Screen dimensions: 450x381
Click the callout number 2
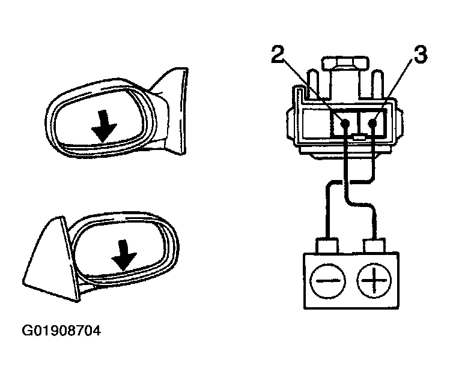pyautogui.click(x=278, y=53)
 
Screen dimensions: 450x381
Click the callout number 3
pyautogui.click(x=421, y=55)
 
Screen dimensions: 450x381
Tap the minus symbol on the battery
pyautogui.click(x=327, y=280)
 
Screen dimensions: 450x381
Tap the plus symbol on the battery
pyautogui.click(x=374, y=280)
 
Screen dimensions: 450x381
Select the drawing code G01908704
pyautogui.click(x=61, y=331)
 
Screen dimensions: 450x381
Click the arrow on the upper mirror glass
pyautogui.click(x=103, y=126)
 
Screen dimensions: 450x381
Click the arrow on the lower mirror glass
pyautogui.click(x=124, y=255)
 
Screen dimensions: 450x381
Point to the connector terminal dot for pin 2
pyautogui.click(x=345, y=124)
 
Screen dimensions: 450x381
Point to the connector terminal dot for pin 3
pyautogui.click(x=372, y=124)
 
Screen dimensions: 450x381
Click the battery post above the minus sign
pyautogui.click(x=327, y=245)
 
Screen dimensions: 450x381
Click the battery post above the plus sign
pyautogui.click(x=374, y=246)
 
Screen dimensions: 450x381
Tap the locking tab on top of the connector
pyautogui.click(x=345, y=64)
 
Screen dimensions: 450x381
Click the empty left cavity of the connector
pyautogui.click(x=315, y=124)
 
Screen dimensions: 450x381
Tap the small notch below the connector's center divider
pyautogui.click(x=359, y=137)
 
